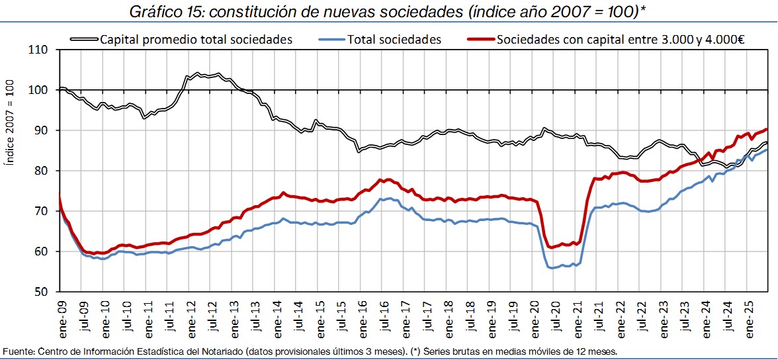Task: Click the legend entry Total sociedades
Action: click(x=394, y=40)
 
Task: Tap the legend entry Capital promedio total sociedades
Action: click(x=196, y=40)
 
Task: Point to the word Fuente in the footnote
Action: click(x=17, y=351)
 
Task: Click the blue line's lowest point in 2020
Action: click(x=551, y=268)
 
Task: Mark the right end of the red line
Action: click(x=766, y=129)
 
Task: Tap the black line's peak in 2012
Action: click(x=198, y=73)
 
